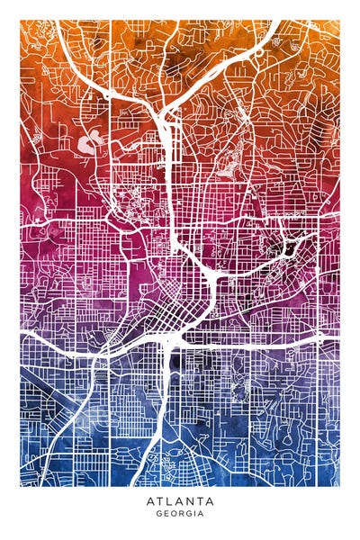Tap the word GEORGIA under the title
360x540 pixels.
[180, 514]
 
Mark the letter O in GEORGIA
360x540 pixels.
[173, 514]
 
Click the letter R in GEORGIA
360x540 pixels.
[180, 514]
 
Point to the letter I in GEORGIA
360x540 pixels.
[194, 514]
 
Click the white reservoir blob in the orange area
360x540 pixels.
[89, 141]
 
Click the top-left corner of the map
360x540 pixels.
[21, 21]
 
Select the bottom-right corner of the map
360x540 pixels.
[339, 485]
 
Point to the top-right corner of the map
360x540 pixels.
[339, 21]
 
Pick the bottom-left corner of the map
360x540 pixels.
[21, 485]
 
